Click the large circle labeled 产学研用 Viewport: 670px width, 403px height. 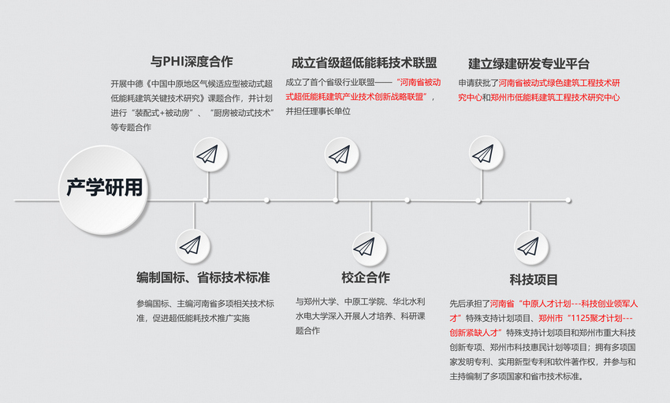[104, 189]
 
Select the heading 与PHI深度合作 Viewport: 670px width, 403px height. [192, 62]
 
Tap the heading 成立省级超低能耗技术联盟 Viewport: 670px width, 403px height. [364, 63]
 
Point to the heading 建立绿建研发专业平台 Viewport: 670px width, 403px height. [529, 64]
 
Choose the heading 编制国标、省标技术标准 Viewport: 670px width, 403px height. [203, 278]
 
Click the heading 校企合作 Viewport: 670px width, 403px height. [366, 278]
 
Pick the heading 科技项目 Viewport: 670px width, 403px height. [534, 280]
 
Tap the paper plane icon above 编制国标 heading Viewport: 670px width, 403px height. [192, 246]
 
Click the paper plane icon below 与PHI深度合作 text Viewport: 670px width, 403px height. [210, 155]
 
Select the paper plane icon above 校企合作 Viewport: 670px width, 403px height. [369, 248]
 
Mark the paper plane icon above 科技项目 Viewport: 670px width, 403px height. [530, 247]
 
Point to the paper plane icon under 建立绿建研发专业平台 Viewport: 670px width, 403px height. [486, 153]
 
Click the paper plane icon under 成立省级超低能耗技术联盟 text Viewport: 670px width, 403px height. [341, 155]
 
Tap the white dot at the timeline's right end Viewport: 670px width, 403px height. [568, 200]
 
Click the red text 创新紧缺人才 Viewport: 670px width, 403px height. [474, 333]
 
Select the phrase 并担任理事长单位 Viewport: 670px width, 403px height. [318, 111]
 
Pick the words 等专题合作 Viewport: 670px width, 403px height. [131, 127]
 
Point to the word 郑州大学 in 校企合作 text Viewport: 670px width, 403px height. [320, 302]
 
